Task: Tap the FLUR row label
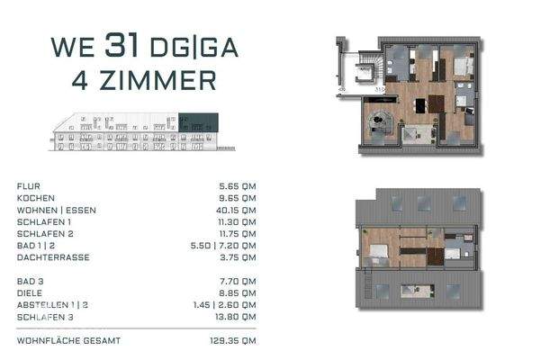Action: [28, 186]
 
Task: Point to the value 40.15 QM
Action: [239, 210]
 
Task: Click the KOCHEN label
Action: [36, 198]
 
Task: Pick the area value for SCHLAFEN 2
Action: [240, 233]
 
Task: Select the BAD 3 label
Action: [32, 282]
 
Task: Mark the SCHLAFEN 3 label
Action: [44, 317]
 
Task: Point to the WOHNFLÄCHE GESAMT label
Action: [68, 341]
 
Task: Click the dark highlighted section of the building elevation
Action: [197, 121]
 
